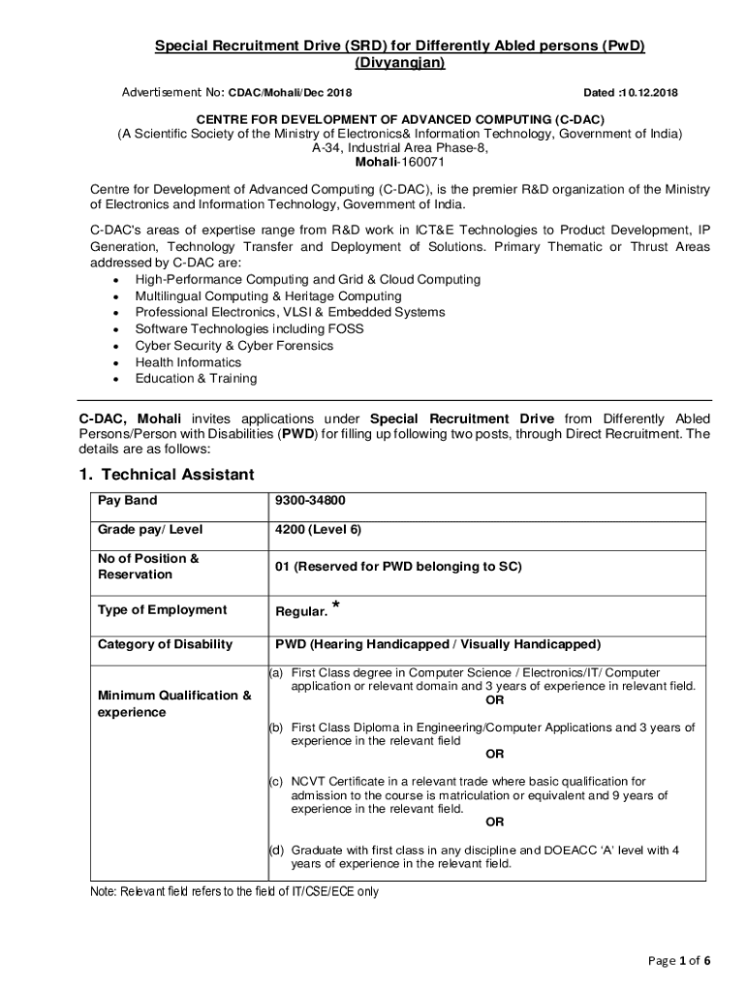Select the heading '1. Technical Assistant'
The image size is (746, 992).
click(166, 475)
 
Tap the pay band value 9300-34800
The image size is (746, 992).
click(310, 501)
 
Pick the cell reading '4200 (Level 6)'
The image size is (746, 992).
click(318, 530)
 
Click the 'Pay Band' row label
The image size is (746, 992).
click(127, 501)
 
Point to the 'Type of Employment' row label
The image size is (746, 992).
click(162, 609)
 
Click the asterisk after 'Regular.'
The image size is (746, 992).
click(335, 605)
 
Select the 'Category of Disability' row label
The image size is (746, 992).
click(165, 644)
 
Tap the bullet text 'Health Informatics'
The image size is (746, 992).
click(188, 362)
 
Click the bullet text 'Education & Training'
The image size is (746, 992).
click(196, 379)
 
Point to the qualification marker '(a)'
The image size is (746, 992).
click(276, 672)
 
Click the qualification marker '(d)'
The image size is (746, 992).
click(276, 851)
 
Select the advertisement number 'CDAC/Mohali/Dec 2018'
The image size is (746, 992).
click(290, 93)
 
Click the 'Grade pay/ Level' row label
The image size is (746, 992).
click(149, 530)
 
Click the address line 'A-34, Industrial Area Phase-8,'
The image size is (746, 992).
click(399, 148)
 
